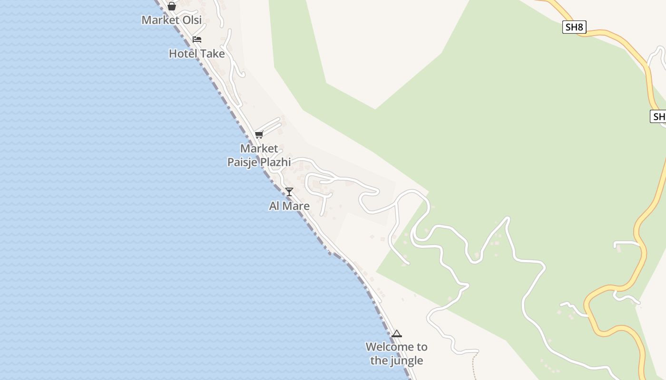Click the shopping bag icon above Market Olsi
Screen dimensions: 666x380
pos(172,6)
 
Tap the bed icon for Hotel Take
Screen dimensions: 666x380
pos(197,39)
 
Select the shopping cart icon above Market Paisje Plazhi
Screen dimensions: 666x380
pos(259,134)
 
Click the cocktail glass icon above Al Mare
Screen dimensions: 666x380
pos(289,192)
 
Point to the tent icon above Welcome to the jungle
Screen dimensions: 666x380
pos(397,333)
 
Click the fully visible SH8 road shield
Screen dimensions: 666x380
pos(574,27)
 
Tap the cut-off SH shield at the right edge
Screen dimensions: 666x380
pos(658,116)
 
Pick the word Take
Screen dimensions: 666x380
pos(212,54)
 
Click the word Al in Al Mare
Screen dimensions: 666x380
pos(274,206)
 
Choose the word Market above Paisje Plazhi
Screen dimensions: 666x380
pos(259,148)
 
